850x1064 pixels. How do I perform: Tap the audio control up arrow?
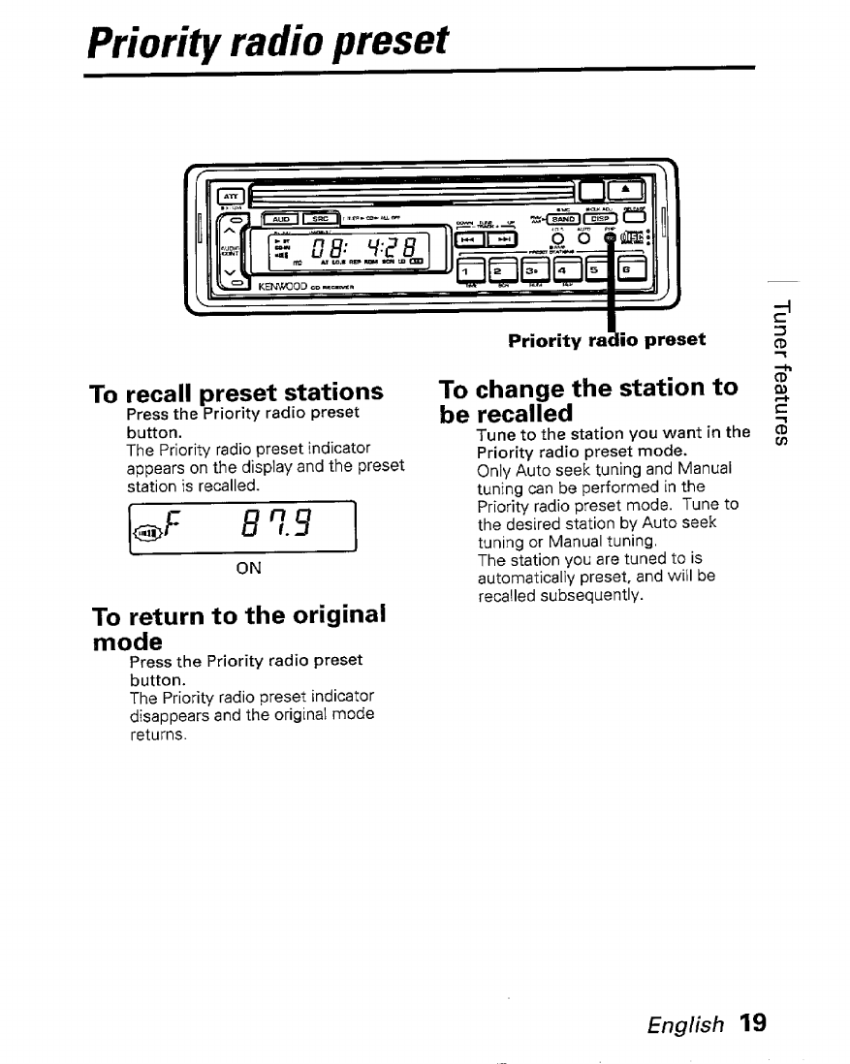(x=231, y=228)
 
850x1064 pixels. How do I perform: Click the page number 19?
(x=750, y=1022)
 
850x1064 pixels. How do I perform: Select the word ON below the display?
(x=248, y=568)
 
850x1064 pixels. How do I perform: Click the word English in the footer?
(x=686, y=1023)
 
